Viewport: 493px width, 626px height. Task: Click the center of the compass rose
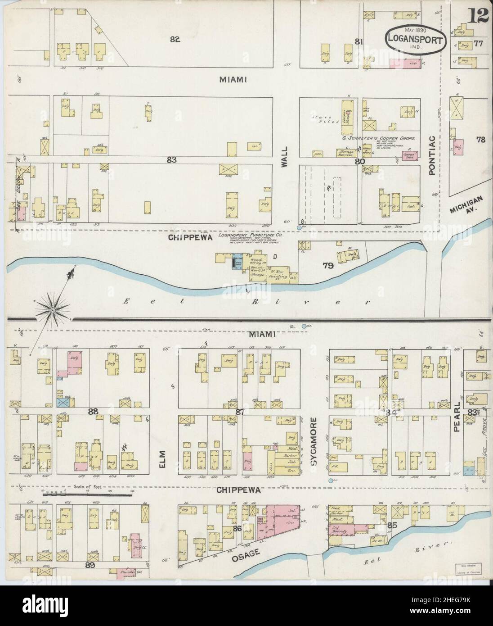[x=53, y=310]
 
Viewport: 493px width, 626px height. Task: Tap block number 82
[x=175, y=39]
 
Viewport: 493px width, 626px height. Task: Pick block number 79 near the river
[x=328, y=266]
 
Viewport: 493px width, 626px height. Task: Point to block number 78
[x=481, y=140]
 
